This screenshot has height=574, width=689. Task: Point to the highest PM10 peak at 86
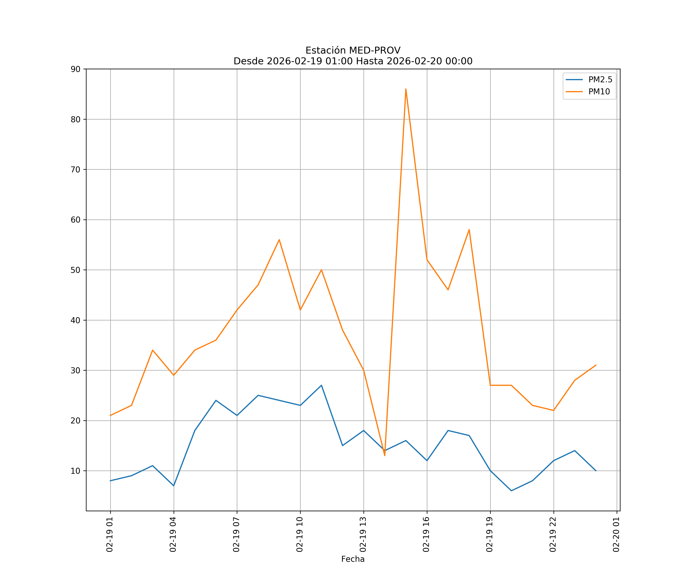tap(406, 89)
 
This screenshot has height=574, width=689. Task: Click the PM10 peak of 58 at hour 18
tap(469, 230)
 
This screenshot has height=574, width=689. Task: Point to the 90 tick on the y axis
tap(75, 69)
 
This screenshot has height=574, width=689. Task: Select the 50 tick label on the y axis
tap(75, 270)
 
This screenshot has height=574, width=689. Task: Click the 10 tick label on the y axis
tap(75, 471)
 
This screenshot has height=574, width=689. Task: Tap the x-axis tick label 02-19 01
tap(110, 535)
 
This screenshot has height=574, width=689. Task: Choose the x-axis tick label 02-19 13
tap(363, 535)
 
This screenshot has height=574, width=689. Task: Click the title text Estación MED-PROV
tap(353, 51)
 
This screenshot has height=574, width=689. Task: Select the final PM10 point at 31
tap(596, 365)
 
